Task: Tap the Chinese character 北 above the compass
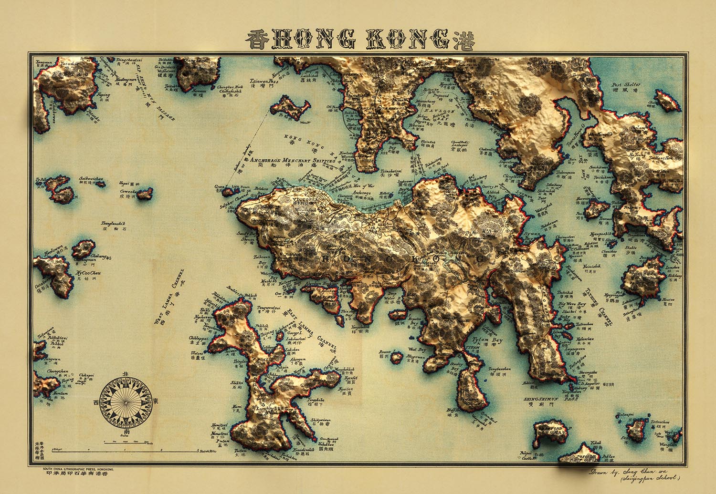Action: pos(126,375)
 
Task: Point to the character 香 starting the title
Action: pos(258,40)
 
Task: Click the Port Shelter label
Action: pos(626,85)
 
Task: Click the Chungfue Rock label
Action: pos(230,88)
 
